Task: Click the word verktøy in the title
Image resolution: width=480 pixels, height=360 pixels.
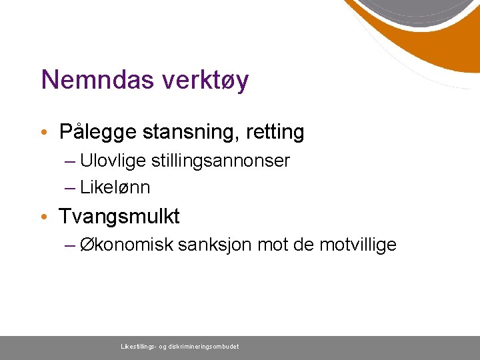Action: click(205, 81)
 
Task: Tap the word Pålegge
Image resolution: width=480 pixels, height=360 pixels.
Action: click(97, 133)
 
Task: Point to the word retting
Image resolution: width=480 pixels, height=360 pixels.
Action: click(275, 133)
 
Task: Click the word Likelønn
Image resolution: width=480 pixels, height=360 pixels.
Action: click(115, 188)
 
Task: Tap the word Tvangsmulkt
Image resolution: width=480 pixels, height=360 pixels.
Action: click(119, 217)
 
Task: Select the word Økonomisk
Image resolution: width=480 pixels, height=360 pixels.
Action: click(127, 245)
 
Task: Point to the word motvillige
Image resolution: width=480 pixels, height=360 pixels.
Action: click(358, 245)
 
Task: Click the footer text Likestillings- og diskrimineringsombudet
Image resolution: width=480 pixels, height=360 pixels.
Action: click(179, 347)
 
